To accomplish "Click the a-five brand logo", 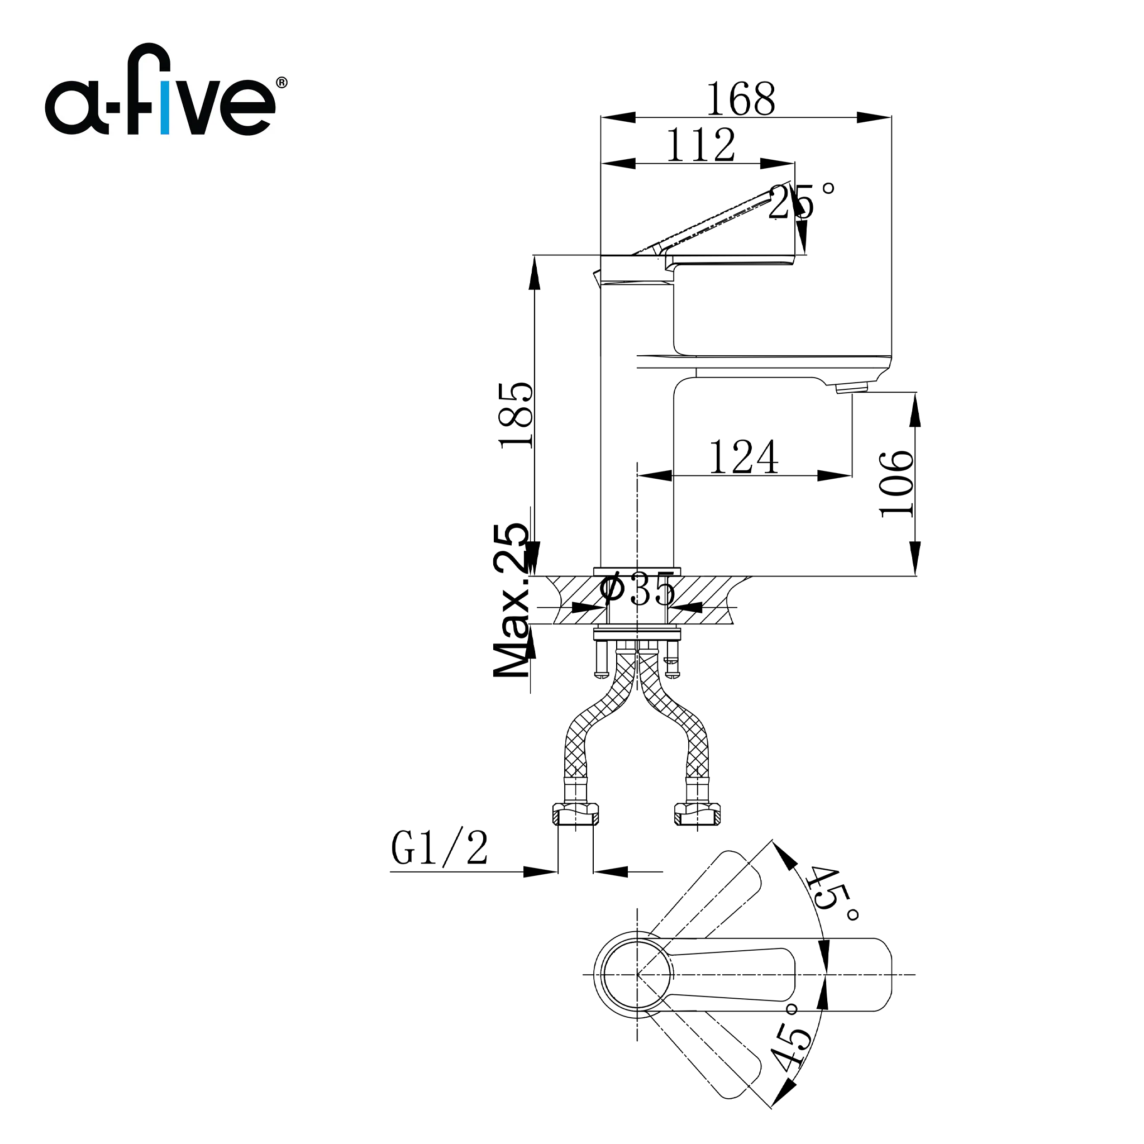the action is [x=166, y=89].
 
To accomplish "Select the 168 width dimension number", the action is [x=741, y=99].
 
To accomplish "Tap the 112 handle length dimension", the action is [x=701, y=145].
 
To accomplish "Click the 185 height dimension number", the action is [x=516, y=416].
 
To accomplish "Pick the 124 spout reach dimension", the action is [x=743, y=456].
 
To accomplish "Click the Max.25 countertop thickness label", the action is [x=511, y=601].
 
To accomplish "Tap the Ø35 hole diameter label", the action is [x=637, y=589].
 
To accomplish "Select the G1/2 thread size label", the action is [x=440, y=848].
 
